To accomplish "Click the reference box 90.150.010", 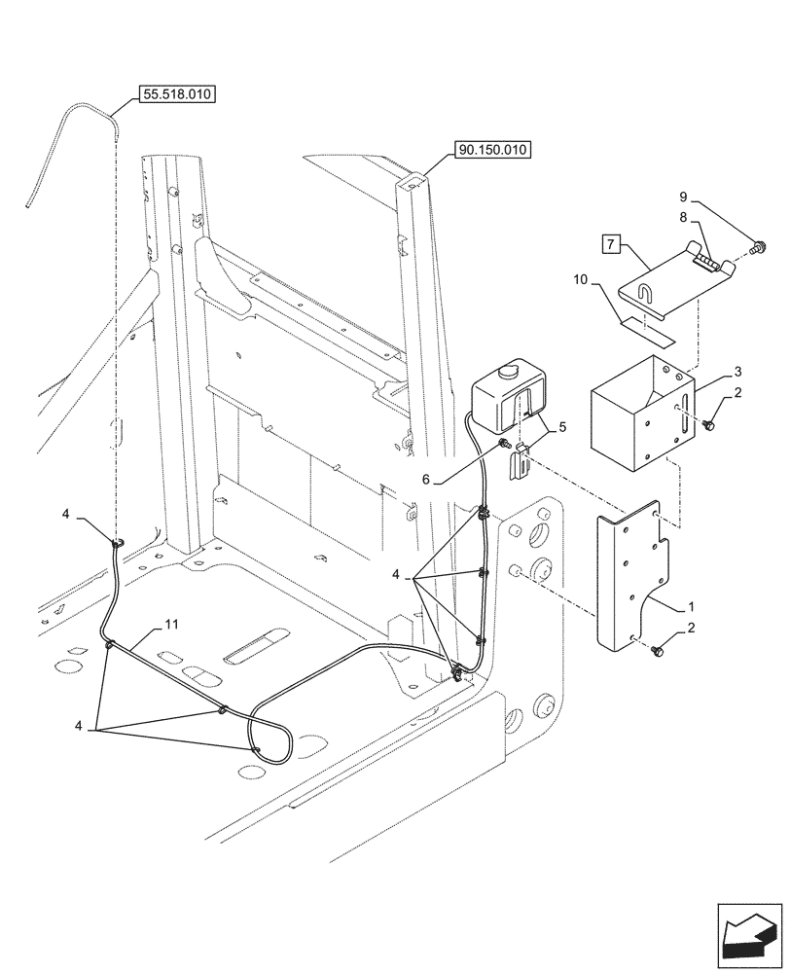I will (x=490, y=150).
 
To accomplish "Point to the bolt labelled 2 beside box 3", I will (x=709, y=425).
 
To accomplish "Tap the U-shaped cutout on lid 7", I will (x=643, y=292).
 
